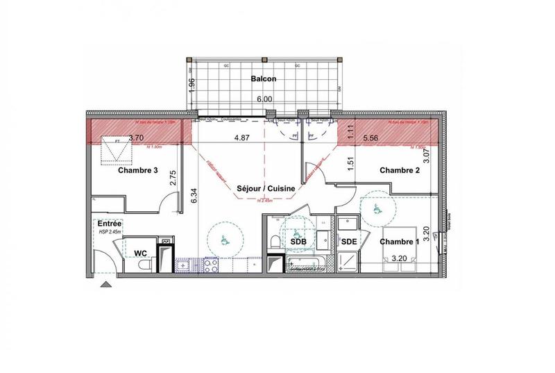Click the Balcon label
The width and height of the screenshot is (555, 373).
[264, 79]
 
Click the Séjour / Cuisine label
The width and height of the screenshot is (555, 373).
[266, 188]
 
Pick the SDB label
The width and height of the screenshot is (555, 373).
[299, 240]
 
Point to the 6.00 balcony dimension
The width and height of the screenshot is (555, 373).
[264, 99]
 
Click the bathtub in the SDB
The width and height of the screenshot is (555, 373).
[304, 263]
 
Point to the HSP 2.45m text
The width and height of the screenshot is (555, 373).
[110, 231]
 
